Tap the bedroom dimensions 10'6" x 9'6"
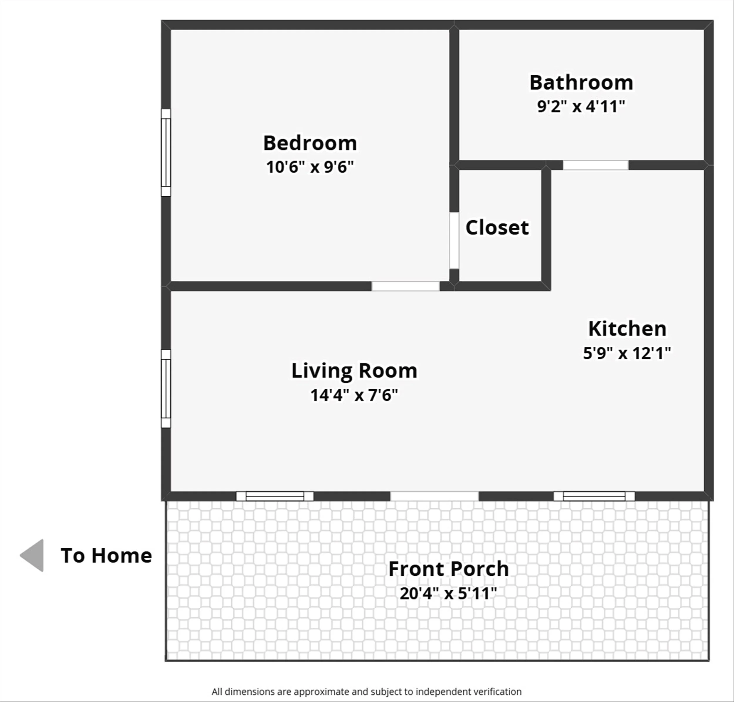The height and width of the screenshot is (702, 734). pos(310,167)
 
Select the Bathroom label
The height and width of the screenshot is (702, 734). pos(581,82)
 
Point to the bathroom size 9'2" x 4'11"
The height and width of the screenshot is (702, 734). pos(581,106)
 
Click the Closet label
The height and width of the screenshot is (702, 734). pos(497,227)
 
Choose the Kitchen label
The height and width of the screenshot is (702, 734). pos(627,329)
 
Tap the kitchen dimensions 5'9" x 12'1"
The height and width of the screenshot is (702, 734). pos(627,353)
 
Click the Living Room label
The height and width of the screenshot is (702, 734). pos(354,371)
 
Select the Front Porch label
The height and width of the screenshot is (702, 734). pos(448,569)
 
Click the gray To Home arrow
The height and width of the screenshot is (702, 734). pos(33,555)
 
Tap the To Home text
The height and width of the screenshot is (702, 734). pos(106,555)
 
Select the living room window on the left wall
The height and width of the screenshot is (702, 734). pos(166,388)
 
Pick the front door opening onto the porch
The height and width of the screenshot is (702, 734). pos(434,496)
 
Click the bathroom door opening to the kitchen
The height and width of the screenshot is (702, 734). pos(595,165)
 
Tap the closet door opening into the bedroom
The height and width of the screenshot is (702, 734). pos(454,240)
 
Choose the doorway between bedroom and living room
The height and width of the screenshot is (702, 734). pos(405,286)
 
